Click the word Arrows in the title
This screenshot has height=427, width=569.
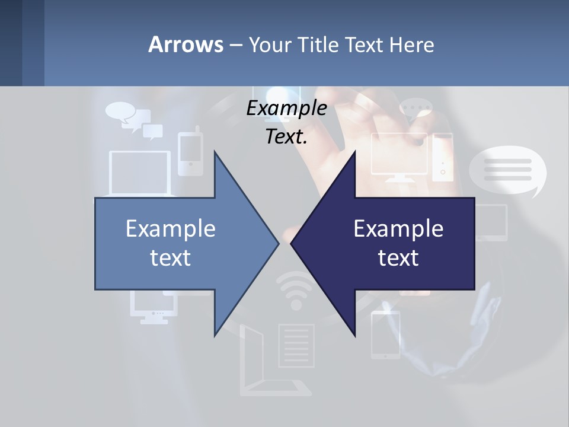[186, 44]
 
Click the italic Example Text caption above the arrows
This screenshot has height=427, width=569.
[287, 122]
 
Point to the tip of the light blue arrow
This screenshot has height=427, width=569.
[277, 243]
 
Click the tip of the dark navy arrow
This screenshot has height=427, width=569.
[292, 243]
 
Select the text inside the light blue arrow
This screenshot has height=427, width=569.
[171, 243]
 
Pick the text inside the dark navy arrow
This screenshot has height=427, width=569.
[398, 243]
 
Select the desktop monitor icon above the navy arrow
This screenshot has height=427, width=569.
[399, 155]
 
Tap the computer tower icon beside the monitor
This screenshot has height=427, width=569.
[442, 157]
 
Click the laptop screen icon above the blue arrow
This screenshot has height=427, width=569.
[140, 172]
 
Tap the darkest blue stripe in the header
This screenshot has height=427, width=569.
[11, 43]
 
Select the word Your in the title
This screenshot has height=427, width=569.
[268, 44]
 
